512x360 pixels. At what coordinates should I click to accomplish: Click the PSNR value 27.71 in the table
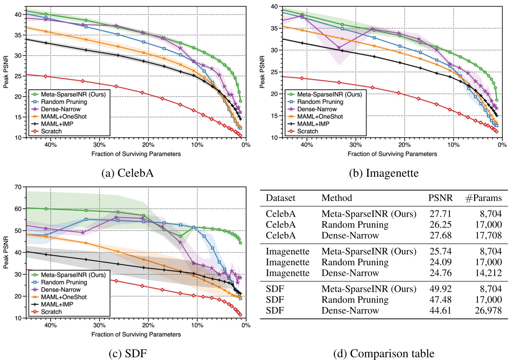[x=440, y=214]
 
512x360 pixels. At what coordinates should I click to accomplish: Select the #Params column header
[x=483, y=198]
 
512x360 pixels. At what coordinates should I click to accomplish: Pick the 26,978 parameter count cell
[x=488, y=310]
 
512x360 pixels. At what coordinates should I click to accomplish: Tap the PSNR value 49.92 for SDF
[x=440, y=289]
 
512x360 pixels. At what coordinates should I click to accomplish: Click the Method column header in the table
[x=336, y=198]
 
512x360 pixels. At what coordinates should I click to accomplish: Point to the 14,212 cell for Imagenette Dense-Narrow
[x=488, y=273]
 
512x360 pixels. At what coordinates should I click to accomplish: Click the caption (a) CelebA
[x=128, y=173]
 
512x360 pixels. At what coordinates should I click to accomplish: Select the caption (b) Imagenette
[x=384, y=173]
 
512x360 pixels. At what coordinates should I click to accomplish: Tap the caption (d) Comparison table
[x=384, y=353]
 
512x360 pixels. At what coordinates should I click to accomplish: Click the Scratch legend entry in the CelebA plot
[x=51, y=131]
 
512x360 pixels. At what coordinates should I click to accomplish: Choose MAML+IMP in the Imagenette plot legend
[x=313, y=124]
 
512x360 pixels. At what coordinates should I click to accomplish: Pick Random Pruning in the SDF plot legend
[x=64, y=282]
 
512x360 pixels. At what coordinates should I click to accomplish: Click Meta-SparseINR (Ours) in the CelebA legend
[x=73, y=94]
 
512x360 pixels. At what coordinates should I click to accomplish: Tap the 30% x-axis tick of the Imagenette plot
[x=355, y=145]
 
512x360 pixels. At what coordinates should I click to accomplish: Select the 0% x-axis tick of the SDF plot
[x=246, y=326]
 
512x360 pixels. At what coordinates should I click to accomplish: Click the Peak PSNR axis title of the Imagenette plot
[x=262, y=72]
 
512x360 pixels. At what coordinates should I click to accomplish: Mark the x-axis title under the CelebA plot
[x=136, y=154]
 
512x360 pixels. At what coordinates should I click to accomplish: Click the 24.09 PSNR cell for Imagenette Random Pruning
[x=440, y=262]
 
